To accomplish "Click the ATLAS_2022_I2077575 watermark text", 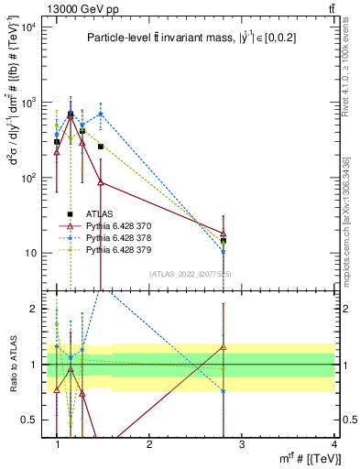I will click(x=191, y=274).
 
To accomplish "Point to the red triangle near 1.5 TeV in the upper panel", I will click(x=101, y=182).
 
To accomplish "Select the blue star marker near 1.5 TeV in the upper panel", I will click(x=101, y=115).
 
